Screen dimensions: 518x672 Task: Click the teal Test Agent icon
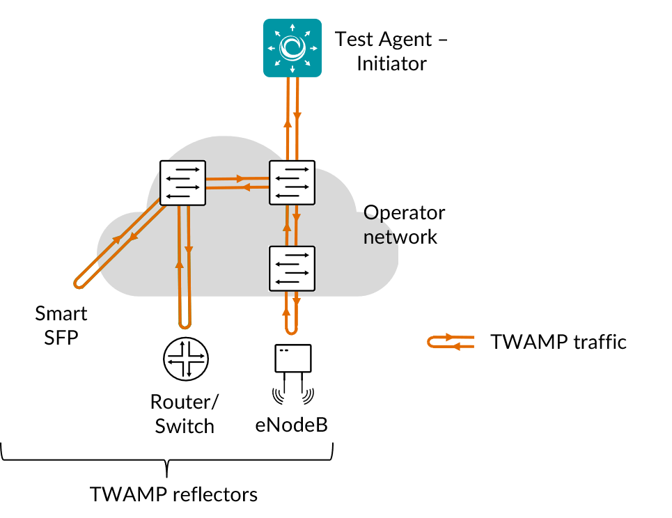point(291,48)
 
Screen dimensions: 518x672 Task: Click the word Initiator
point(391,63)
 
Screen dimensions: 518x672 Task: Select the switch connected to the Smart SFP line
point(183,183)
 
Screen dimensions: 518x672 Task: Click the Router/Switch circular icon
point(185,359)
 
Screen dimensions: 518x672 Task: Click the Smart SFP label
point(61,325)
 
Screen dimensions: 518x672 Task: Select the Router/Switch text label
point(185,414)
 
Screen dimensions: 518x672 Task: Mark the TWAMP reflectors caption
point(173,494)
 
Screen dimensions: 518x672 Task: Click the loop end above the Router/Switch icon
point(185,322)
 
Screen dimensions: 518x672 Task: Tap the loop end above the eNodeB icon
point(292,327)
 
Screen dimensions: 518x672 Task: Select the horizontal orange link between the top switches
point(238,182)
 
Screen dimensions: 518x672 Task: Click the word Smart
point(61,313)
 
